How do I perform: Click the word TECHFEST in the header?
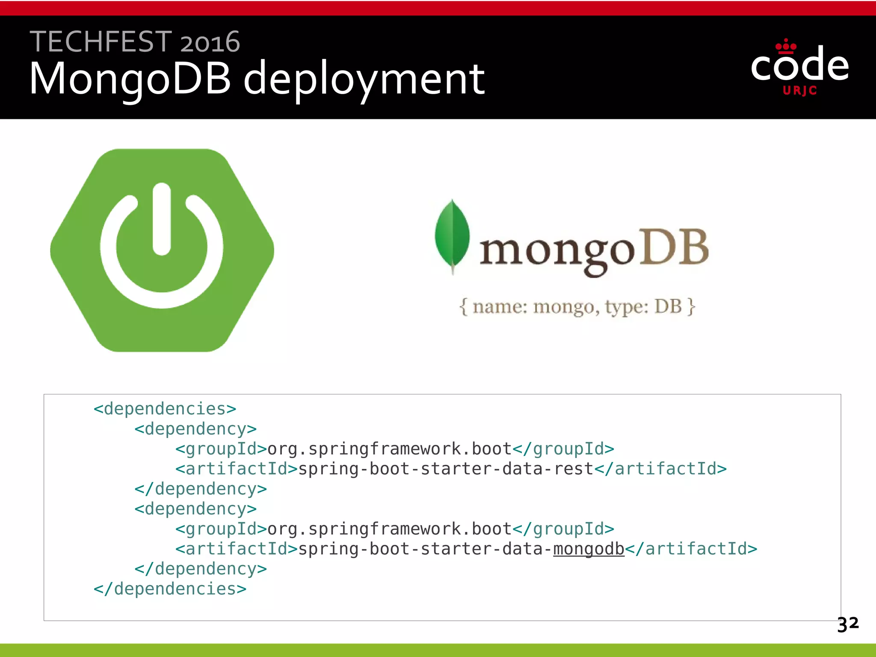101,42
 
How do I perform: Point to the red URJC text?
799,91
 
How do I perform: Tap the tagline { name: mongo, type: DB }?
577,307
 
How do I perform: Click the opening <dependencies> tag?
165,409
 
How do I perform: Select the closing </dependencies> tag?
170,589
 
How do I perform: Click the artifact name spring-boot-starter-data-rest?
446,469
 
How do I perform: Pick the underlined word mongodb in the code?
589,549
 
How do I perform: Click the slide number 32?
847,624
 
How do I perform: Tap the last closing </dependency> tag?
201,569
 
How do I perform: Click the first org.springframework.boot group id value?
389,449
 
